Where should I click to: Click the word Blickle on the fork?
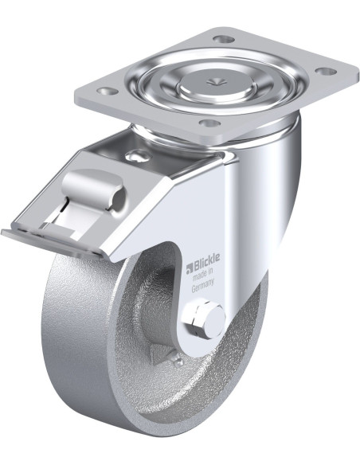click(207, 260)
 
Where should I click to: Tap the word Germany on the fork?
click(203, 286)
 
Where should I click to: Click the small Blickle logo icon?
click(190, 268)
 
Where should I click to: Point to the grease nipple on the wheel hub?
click(176, 361)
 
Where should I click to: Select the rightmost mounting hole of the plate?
click(325, 71)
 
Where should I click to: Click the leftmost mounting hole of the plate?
click(106, 91)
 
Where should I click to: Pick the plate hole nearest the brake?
click(209, 122)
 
